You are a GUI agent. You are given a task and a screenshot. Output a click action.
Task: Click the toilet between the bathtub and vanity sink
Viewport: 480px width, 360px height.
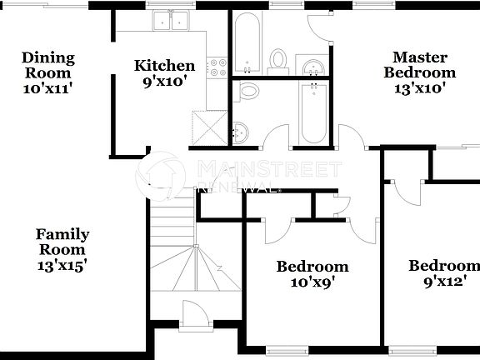278,59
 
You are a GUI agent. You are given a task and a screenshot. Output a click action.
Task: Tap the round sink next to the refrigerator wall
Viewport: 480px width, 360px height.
241,131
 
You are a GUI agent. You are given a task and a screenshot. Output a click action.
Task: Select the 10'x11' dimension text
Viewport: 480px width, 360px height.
48,87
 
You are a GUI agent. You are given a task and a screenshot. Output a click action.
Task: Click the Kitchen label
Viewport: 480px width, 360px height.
165,66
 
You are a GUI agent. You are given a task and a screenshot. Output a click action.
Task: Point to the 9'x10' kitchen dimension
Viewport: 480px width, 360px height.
165,82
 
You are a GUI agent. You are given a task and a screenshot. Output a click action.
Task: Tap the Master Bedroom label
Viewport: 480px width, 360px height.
419,65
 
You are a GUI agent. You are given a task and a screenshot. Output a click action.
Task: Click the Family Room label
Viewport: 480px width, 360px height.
62,242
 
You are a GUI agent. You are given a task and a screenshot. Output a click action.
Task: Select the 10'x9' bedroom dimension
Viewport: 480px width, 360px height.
312,282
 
